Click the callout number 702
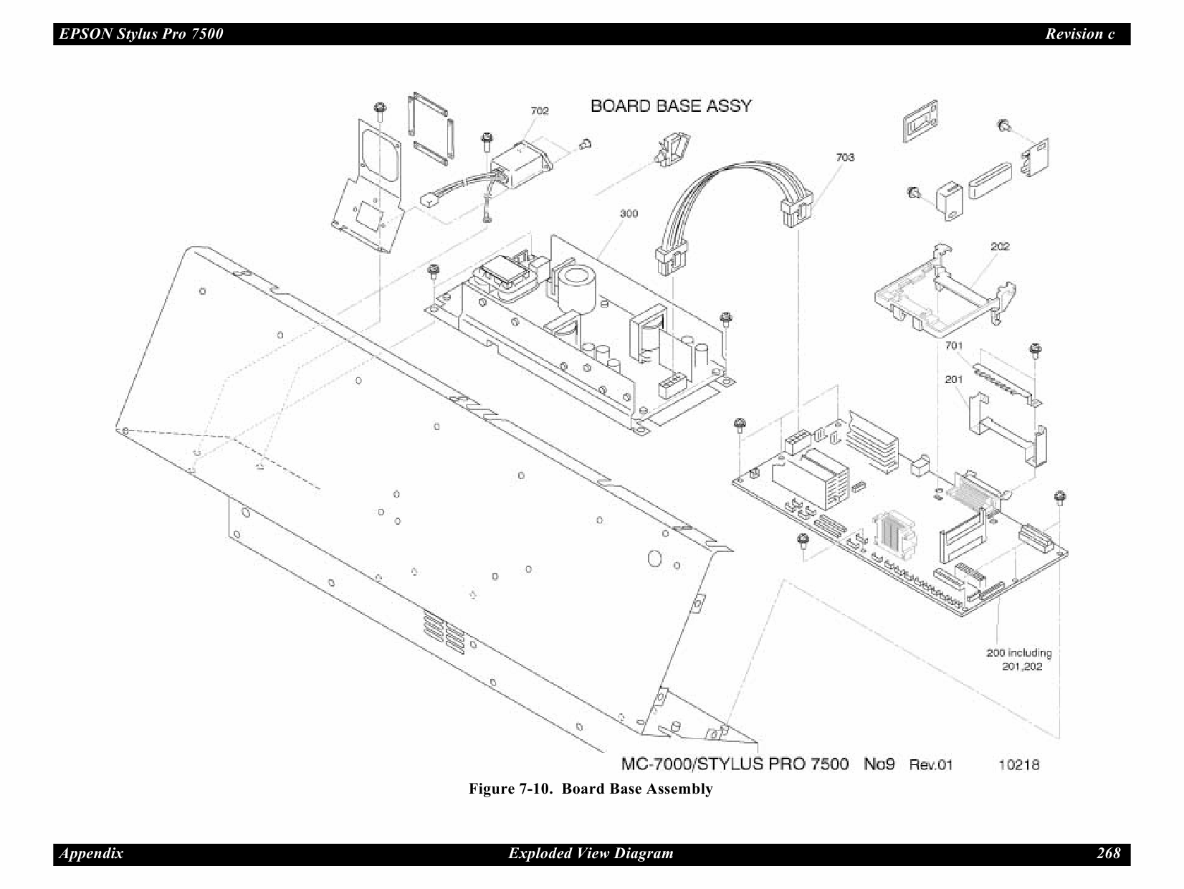pos(539,110)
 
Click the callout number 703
pos(845,157)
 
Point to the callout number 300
pos(629,214)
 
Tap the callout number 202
pos(1000,246)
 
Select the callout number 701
pos(953,346)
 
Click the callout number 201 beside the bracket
pos(953,379)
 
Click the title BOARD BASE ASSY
pos(671,106)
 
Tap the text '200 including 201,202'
pos(1018,660)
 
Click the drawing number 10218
pos(1018,764)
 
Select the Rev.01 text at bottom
pos(931,764)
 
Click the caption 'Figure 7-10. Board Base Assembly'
pos(591,789)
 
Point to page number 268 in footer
pos(1108,853)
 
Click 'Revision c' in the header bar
pos(1079,34)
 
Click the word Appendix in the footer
pos(91,853)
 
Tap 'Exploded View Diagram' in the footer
pos(591,853)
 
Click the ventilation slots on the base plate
pos(443,634)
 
